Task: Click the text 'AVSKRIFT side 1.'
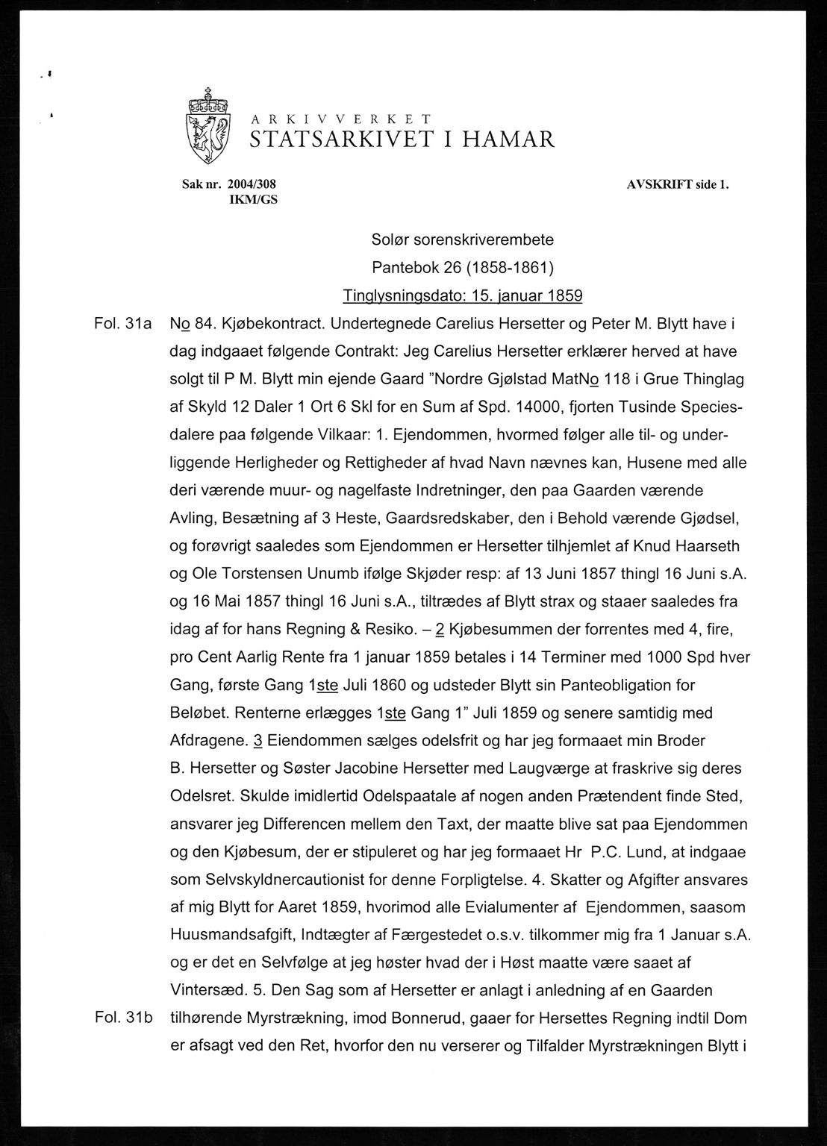[677, 184]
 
